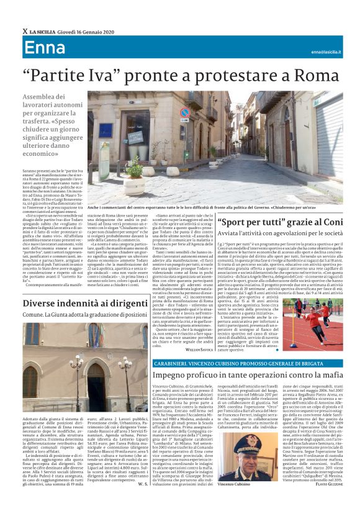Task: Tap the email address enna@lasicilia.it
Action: click(326, 52)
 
